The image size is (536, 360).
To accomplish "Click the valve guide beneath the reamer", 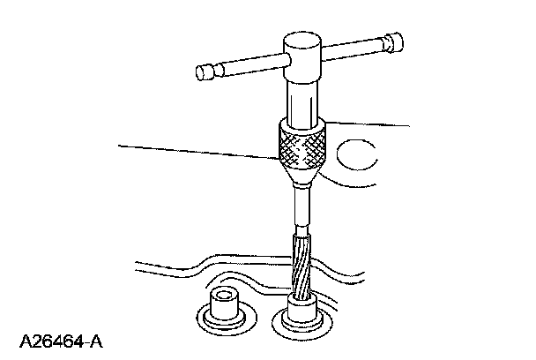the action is [x=301, y=311].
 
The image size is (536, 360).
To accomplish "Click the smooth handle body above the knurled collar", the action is [x=301, y=97].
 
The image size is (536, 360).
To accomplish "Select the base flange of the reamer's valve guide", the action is [x=301, y=327].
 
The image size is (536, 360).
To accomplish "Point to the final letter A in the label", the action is [x=99, y=339].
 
